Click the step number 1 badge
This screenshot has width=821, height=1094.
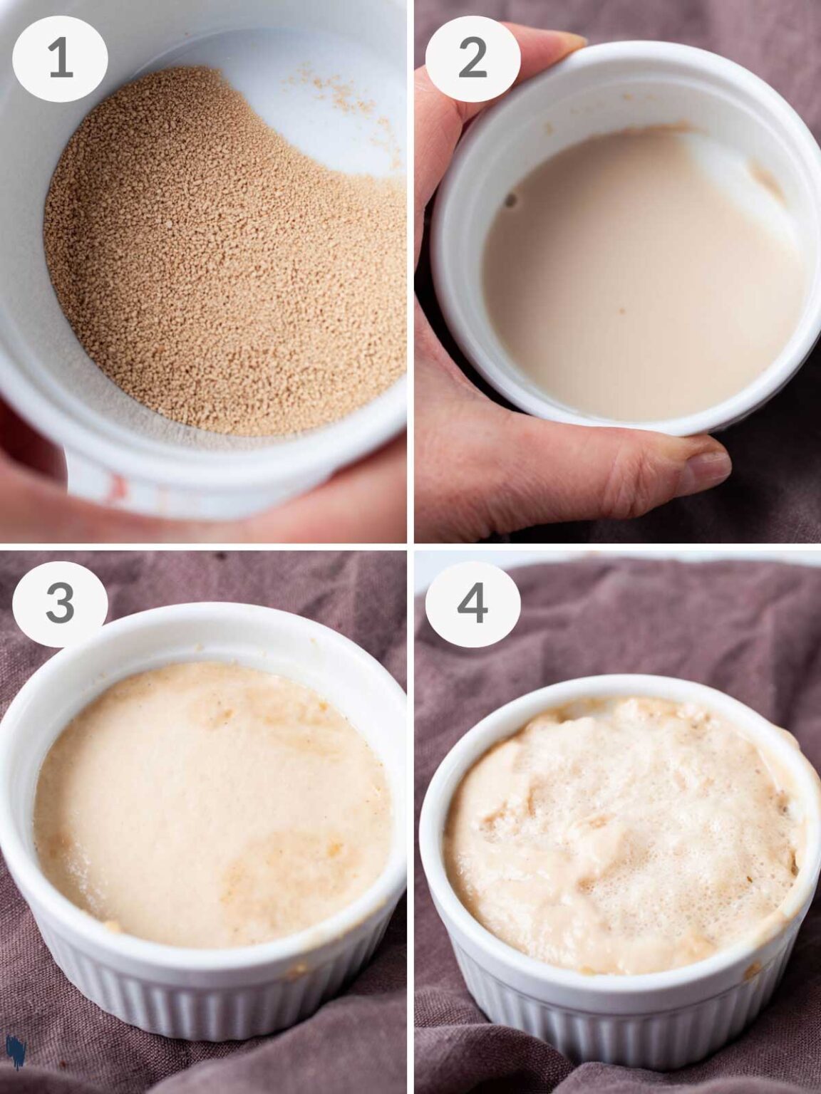(x=60, y=59)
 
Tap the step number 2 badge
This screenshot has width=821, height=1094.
(x=473, y=59)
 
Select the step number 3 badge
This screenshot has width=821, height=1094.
(x=60, y=603)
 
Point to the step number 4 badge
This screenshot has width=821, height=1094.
(x=473, y=603)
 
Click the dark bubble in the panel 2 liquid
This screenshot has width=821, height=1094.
(x=511, y=200)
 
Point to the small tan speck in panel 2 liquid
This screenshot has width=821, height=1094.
(x=621, y=310)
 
